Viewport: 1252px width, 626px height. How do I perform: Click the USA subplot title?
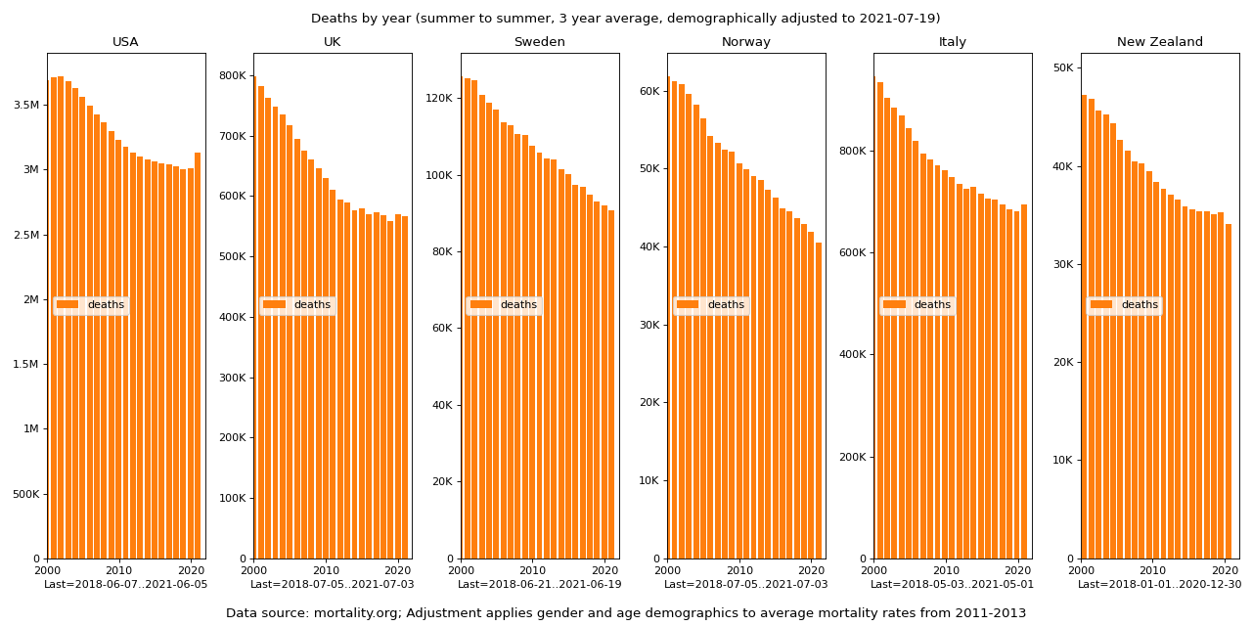coord(125,42)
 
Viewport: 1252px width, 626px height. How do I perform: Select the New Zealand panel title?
coord(1160,42)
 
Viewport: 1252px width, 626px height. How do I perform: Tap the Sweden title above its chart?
coord(540,42)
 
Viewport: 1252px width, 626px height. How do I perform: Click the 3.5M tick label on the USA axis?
coord(26,105)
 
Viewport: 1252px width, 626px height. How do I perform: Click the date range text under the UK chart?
coord(333,585)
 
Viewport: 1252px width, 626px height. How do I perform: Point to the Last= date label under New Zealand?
coord(1160,585)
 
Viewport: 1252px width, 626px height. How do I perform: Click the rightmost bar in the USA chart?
coord(198,355)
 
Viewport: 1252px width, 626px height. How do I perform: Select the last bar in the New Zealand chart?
coord(1229,391)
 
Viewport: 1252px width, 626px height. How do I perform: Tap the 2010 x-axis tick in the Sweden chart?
coord(532,570)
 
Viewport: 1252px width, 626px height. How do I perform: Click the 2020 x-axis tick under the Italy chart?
coord(1017,570)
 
